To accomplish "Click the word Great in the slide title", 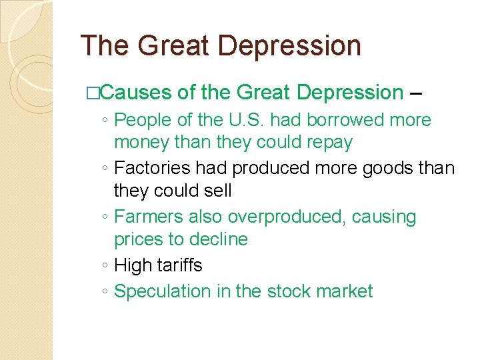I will pyautogui.click(x=168, y=46).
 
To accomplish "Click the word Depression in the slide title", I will pyautogui.click(x=289, y=46).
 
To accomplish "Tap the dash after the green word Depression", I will pyautogui.click(x=416, y=93).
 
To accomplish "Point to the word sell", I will pyautogui.click(x=218, y=191).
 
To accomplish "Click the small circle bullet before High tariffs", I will pyautogui.click(x=107, y=266).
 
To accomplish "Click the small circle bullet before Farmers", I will pyautogui.click(x=107, y=217).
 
